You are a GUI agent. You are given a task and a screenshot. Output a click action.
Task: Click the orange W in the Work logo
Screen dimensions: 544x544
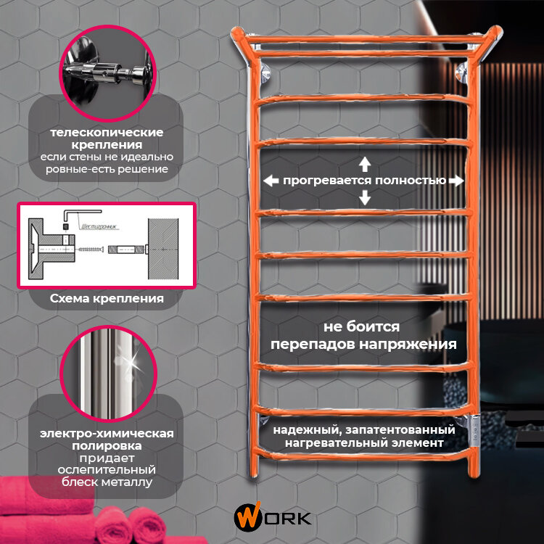click(244, 518)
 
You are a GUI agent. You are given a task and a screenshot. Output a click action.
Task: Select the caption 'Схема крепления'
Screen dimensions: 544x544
click(107, 298)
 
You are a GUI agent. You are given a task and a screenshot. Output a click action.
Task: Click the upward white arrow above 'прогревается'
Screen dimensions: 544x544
click(365, 162)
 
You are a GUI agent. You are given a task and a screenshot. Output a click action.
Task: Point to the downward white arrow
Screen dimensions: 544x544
click(365, 197)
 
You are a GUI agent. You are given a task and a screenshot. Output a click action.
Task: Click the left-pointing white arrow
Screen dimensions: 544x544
click(271, 181)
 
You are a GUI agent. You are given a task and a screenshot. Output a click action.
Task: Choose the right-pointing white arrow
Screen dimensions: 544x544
click(456, 181)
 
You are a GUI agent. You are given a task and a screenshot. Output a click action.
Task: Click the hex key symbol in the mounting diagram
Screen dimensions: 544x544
click(69, 218)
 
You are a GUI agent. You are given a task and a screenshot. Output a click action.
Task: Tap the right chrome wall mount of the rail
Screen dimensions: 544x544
click(462, 73)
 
